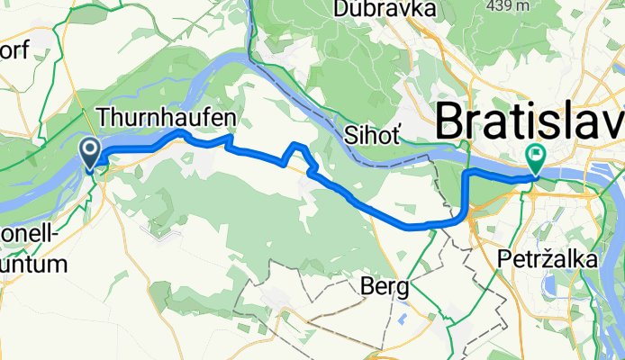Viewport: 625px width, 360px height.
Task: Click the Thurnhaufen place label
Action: (x=167, y=117)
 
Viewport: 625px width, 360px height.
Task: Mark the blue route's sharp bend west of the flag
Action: (x=466, y=172)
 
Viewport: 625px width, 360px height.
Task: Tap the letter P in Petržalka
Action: (x=504, y=258)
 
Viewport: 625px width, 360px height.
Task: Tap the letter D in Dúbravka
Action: (x=340, y=9)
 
